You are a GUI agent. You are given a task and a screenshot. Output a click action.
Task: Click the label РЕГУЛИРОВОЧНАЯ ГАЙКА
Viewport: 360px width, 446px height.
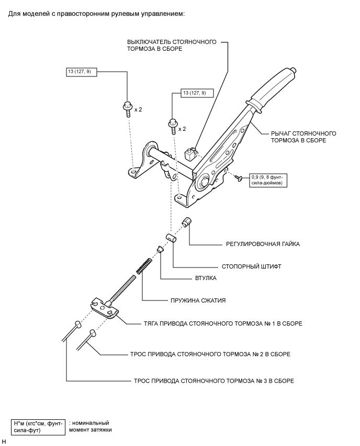[x=263, y=244]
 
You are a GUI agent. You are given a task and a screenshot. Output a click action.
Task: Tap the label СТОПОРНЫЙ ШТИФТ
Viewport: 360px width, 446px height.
[x=251, y=266]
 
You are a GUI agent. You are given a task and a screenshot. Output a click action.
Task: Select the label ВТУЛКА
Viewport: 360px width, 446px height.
[x=206, y=278]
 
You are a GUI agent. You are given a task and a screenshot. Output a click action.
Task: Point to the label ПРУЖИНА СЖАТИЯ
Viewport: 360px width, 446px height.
[x=198, y=300]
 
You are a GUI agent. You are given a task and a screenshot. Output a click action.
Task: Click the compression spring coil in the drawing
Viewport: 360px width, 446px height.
[x=143, y=266]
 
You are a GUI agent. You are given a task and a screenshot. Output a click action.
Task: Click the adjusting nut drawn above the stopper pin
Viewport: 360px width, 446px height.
[x=186, y=221]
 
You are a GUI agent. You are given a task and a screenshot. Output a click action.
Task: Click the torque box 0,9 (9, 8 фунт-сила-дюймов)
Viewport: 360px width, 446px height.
[x=268, y=180]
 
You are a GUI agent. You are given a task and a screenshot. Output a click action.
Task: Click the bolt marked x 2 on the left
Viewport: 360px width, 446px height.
[x=127, y=109]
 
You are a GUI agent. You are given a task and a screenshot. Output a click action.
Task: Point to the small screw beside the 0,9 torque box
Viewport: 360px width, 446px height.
[x=238, y=178]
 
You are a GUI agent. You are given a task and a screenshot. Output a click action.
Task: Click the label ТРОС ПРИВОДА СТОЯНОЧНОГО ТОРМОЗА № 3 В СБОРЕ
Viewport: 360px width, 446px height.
[x=214, y=381]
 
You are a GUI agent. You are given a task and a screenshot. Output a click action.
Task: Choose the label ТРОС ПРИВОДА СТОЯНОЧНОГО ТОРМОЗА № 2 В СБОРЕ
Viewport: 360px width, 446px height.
[x=210, y=354]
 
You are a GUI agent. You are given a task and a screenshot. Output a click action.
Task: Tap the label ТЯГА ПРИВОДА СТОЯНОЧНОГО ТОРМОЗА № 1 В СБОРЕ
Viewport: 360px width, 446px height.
[x=223, y=324]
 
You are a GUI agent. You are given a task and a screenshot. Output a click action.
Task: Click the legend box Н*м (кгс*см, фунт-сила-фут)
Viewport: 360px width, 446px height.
[x=38, y=427]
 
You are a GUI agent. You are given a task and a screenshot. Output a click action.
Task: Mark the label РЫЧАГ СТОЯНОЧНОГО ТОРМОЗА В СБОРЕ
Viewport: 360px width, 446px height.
[x=303, y=137]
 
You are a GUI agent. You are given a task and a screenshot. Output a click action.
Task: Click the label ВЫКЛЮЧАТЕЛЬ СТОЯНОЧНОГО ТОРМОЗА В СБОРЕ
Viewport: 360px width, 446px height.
[x=172, y=45]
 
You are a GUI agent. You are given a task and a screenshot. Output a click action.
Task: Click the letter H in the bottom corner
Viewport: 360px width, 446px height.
[x=4, y=441]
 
